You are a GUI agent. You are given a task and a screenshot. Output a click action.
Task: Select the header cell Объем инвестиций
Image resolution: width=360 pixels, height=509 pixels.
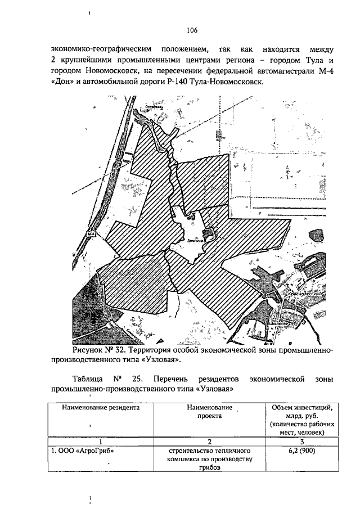pos(302,407)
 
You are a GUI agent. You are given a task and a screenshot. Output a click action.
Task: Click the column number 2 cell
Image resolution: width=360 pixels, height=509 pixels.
pos(208,441)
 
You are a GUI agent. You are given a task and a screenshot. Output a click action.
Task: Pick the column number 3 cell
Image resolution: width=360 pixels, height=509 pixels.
pos(302,441)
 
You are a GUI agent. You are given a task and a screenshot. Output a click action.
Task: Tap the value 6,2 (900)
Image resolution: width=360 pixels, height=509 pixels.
pos(302,451)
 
